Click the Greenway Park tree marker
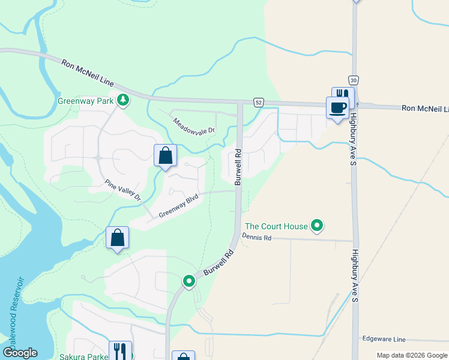[123, 100]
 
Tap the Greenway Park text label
[85, 101]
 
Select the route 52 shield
[258, 102]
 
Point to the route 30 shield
[353, 80]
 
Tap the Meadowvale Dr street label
[194, 126]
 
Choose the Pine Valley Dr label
[123, 191]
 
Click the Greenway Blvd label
[178, 206]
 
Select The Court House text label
[276, 226]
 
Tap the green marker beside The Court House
[318, 226]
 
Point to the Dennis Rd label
[257, 238]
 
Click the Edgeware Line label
[384, 339]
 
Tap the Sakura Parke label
[83, 356]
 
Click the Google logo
[20, 353]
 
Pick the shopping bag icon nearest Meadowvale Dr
[166, 155]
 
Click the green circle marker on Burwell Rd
[189, 280]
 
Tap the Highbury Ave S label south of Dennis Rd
[355, 276]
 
